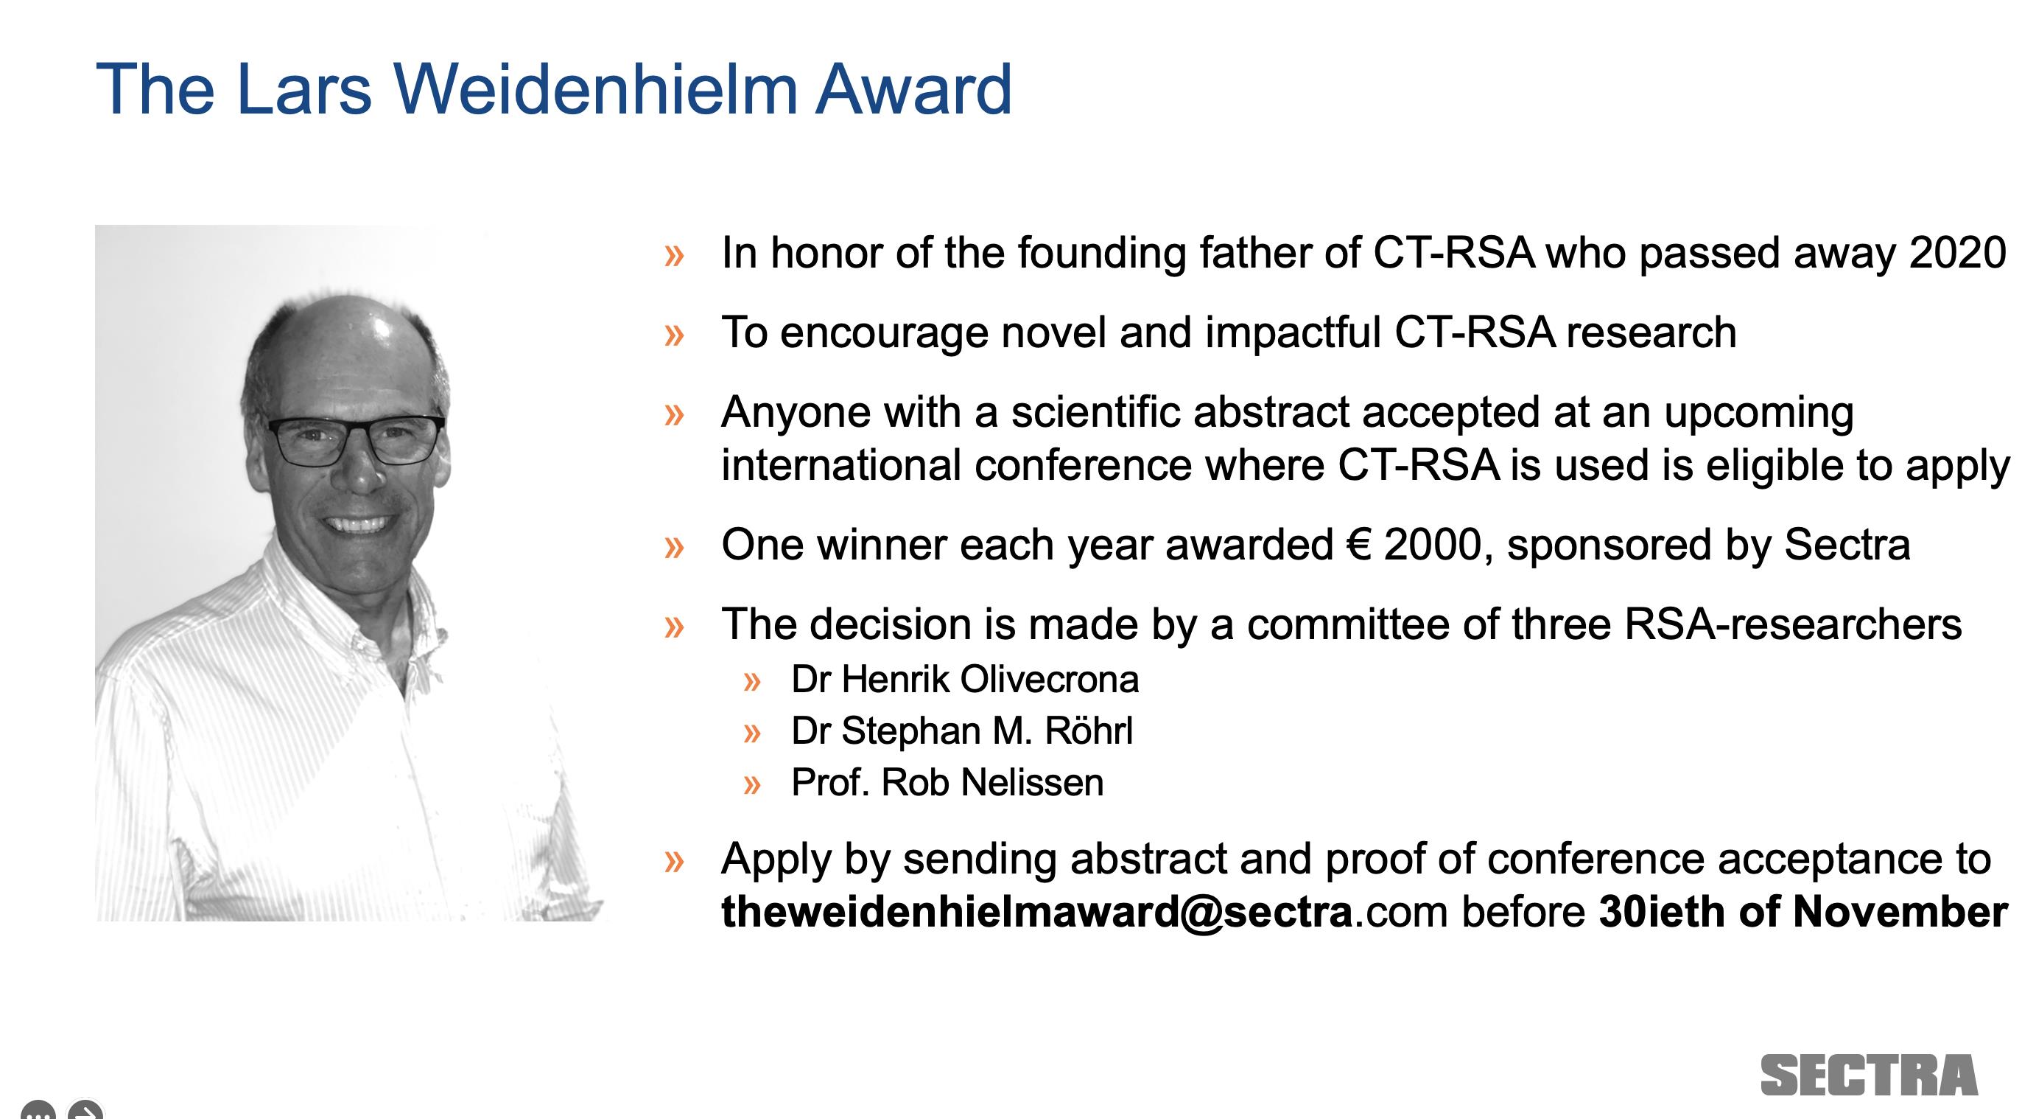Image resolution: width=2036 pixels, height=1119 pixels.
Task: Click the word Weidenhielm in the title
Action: click(x=595, y=88)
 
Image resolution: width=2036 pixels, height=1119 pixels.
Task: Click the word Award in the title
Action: click(x=913, y=88)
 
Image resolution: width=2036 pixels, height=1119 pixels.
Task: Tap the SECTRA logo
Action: click(x=1870, y=1076)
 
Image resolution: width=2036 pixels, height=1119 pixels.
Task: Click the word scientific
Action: click(x=1095, y=412)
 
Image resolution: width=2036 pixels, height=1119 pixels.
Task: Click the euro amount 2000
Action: click(x=1433, y=545)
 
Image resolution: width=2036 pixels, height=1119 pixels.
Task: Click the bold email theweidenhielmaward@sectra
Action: click(x=1036, y=913)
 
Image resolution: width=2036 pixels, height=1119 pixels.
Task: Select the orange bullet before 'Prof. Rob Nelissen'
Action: click(x=751, y=785)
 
